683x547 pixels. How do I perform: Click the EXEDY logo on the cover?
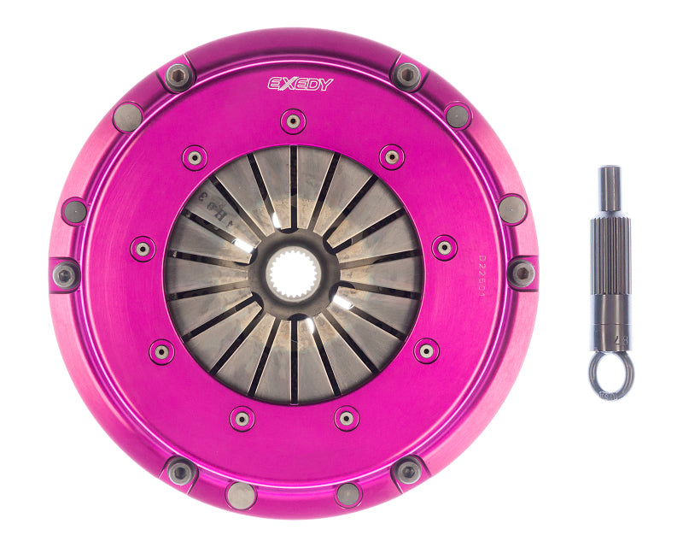[x=301, y=84]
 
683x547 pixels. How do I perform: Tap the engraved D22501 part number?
[x=485, y=270]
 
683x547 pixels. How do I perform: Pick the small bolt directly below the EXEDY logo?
[x=293, y=121]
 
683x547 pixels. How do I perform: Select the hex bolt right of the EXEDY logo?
[x=407, y=75]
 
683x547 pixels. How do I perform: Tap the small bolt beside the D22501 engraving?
[x=444, y=248]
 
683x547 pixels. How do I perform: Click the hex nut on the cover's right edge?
[x=521, y=273]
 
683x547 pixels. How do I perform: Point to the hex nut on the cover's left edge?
[x=65, y=274]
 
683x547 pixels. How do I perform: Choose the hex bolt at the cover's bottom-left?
[x=180, y=472]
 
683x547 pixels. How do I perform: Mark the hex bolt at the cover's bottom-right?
[x=407, y=471]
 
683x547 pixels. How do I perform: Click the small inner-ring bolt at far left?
[x=142, y=249]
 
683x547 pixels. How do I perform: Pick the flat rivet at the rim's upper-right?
[x=458, y=115]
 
